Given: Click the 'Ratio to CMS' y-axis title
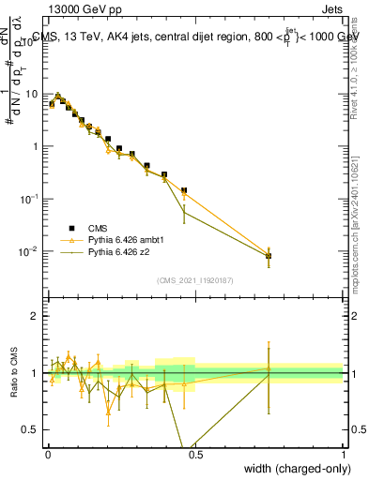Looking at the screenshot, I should click(14, 373).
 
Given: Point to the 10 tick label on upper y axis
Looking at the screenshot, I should click(32, 94).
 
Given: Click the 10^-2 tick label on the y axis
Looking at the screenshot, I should click(30, 251).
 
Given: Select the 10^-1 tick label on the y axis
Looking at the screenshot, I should click(30, 199).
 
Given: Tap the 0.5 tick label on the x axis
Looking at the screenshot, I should click(195, 453).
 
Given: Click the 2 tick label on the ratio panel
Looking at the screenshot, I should click(36, 316).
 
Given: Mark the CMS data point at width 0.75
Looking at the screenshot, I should click(269, 255).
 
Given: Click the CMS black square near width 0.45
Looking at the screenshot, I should click(184, 190).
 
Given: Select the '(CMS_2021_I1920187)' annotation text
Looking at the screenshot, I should click(194, 280).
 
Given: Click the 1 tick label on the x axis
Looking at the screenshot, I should click(343, 453).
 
